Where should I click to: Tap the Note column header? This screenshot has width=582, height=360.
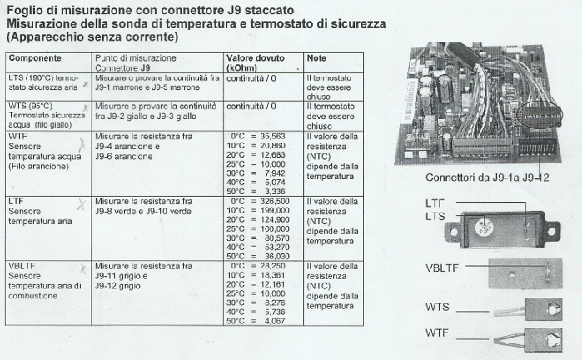[316, 59]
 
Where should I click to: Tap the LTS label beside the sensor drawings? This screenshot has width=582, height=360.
[435, 215]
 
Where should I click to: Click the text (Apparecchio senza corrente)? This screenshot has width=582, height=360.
[91, 37]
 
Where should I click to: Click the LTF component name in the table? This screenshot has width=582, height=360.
[15, 202]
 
